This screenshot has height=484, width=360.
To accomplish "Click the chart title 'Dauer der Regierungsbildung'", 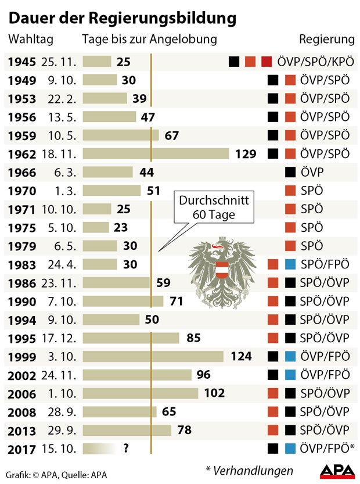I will [x=123, y=18].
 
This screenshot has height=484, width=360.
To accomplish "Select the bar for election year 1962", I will [x=156, y=153].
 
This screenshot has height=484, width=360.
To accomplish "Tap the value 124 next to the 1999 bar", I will [x=241, y=356].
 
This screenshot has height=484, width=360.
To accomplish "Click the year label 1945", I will [x=22, y=62].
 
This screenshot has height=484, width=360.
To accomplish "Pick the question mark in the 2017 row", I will [x=126, y=448].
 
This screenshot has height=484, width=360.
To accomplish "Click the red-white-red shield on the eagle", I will [x=222, y=270].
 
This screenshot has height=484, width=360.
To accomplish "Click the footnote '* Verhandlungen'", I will [x=249, y=470].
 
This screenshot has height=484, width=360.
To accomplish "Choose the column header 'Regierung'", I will [x=326, y=40].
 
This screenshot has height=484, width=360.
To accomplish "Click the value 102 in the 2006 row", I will [x=214, y=393].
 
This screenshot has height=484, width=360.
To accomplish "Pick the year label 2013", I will [x=22, y=431].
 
